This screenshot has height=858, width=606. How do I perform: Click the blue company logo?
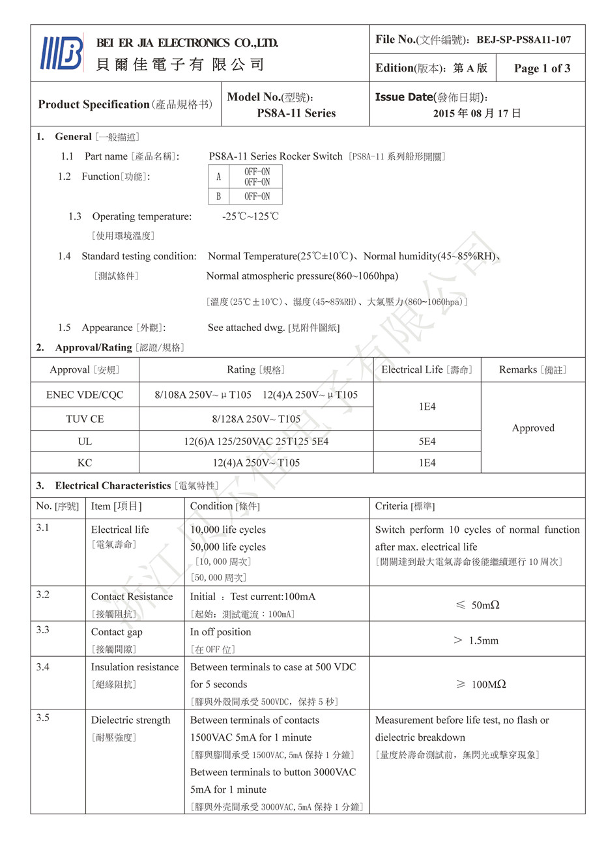click(x=62, y=53)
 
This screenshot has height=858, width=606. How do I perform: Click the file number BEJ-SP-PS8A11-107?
click(x=523, y=40)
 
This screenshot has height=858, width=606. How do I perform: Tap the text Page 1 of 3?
click(x=541, y=68)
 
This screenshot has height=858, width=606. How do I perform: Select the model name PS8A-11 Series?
click(x=296, y=113)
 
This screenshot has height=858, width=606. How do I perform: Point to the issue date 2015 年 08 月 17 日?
click(x=477, y=113)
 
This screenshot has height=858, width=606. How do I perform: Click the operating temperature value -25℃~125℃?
click(x=250, y=216)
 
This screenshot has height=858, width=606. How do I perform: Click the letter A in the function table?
click(x=218, y=177)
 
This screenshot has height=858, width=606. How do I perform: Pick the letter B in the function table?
click(x=218, y=196)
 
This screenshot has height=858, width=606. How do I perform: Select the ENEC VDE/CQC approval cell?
click(x=85, y=395)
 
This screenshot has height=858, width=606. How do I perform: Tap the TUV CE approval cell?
click(x=85, y=419)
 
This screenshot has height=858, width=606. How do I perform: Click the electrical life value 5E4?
click(x=427, y=442)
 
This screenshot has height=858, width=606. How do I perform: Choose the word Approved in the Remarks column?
click(x=533, y=428)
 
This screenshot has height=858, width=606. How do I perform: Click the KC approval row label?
click(x=85, y=463)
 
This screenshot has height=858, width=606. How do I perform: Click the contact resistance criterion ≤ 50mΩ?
click(x=477, y=605)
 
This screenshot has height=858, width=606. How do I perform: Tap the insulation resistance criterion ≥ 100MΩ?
click(x=481, y=684)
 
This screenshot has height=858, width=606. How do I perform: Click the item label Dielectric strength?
click(x=130, y=720)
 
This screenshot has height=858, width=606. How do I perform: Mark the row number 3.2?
click(x=43, y=595)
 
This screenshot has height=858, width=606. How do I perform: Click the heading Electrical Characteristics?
click(x=113, y=486)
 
